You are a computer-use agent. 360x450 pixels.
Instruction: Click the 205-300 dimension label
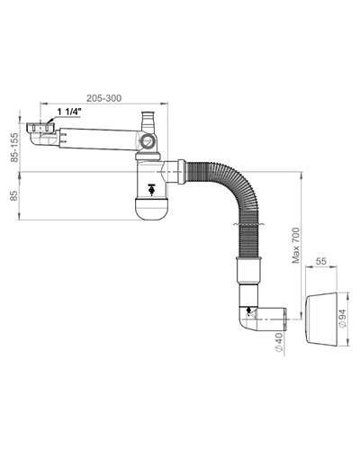(x=104, y=98)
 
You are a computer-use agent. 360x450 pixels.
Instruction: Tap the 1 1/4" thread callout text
(x=69, y=112)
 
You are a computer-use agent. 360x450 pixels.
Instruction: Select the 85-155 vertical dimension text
(x=14, y=148)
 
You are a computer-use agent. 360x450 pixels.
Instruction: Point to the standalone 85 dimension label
(x=14, y=195)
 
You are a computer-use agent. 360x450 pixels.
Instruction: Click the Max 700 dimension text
(x=296, y=246)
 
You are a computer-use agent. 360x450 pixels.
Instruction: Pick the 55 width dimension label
(x=320, y=261)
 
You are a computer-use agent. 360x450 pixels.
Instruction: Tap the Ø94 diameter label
(x=343, y=318)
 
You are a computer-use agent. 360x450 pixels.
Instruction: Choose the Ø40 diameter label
(x=279, y=342)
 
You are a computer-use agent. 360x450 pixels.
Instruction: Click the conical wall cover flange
(x=321, y=319)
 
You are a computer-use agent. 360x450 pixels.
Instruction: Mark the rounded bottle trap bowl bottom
(x=150, y=209)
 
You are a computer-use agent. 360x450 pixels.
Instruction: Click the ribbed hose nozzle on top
(x=148, y=121)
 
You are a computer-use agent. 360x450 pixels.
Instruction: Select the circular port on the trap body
(x=148, y=140)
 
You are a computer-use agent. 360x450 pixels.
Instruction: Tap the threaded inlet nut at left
(x=40, y=128)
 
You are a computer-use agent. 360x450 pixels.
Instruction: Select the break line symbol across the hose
(x=248, y=224)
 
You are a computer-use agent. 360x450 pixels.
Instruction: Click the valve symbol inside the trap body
(x=152, y=189)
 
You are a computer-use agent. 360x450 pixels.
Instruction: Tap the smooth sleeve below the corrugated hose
(x=248, y=271)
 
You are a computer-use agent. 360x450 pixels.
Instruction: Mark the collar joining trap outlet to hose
(x=181, y=172)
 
